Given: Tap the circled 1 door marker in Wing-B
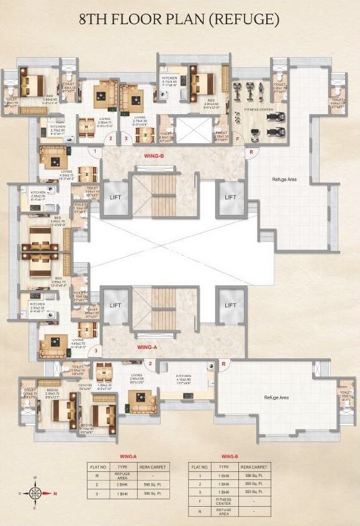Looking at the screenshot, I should tap(95, 151).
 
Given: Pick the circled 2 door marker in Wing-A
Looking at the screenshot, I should tap(150, 363).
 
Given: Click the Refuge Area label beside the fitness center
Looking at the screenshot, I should tap(285, 179).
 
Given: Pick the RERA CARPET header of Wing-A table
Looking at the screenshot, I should tap(152, 465).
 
